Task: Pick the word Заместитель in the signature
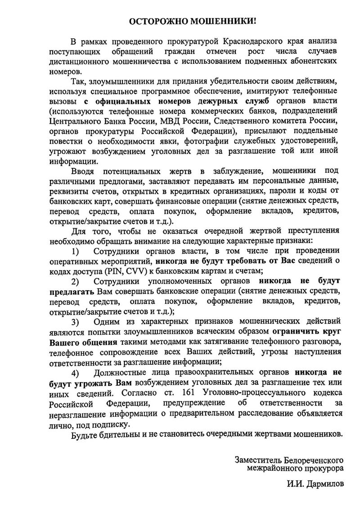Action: pyautogui.click(x=257, y=460)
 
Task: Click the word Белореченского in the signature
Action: pyautogui.click(x=313, y=460)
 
